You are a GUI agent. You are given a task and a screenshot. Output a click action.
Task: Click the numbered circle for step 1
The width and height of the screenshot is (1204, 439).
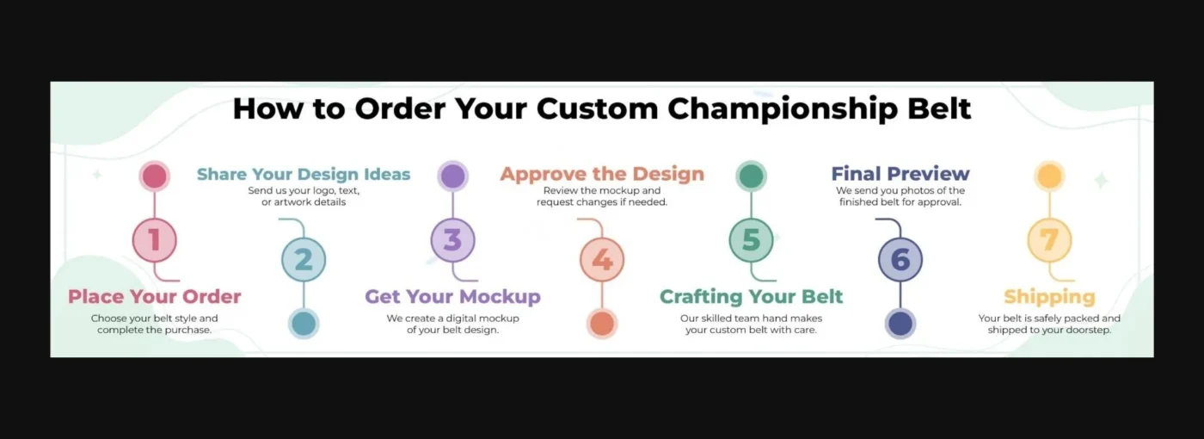(x=155, y=240)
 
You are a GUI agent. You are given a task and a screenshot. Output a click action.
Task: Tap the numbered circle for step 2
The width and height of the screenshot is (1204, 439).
(x=304, y=260)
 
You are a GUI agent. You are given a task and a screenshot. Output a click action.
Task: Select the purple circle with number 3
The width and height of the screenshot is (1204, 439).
(x=453, y=240)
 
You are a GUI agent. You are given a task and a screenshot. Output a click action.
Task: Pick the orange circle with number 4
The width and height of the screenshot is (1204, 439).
(x=602, y=260)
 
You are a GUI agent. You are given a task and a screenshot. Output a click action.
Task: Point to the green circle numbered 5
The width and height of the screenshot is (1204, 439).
(x=751, y=240)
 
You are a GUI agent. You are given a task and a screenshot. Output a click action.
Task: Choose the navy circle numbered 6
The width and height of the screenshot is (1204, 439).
(x=900, y=260)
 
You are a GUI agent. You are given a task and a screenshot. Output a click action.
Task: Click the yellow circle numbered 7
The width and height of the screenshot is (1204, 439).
(x=1049, y=240)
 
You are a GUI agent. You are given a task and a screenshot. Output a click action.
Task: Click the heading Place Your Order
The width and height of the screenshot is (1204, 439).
(x=155, y=297)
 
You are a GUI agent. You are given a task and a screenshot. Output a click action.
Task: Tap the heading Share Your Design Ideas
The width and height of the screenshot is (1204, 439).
(x=304, y=175)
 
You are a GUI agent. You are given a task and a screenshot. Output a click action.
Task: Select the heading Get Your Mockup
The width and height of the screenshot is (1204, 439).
(x=452, y=297)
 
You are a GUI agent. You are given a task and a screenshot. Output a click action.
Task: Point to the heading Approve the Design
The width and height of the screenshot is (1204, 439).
(x=602, y=175)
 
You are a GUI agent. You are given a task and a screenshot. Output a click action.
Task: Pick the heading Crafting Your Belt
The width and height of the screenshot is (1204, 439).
(x=751, y=297)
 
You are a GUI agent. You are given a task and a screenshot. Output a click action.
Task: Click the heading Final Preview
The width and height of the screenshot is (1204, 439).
(x=900, y=175)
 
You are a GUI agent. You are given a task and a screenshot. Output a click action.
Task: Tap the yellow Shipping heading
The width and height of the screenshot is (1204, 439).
(x=1049, y=297)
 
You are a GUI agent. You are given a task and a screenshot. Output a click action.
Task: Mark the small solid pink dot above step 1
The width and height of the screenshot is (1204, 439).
(x=155, y=176)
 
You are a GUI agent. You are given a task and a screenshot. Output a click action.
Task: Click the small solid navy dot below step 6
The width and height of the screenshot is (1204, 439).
(x=900, y=324)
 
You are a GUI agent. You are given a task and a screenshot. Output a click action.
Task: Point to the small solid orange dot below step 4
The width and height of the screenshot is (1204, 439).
(x=602, y=324)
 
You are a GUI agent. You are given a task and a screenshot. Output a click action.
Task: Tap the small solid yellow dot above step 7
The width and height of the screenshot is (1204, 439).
(x=1049, y=176)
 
